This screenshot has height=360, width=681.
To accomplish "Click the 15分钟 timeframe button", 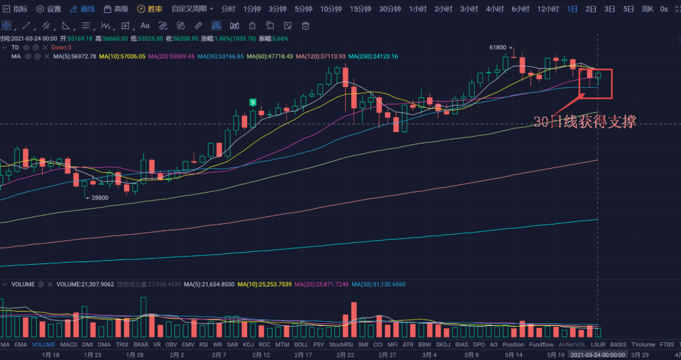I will pyautogui.click(x=360, y=9).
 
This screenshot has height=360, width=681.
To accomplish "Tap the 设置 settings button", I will pyautogui.click(x=49, y=9).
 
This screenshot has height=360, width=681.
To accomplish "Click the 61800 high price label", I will pyautogui.click(x=498, y=48).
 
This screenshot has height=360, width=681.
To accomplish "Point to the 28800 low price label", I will pyautogui.click(x=99, y=197).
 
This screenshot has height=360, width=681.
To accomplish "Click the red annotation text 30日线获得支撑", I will pyautogui.click(x=584, y=122).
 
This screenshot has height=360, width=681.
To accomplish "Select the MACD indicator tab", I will pyautogui.click(x=69, y=345).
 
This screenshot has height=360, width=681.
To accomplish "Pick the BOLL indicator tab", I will pyautogui.click(x=301, y=345).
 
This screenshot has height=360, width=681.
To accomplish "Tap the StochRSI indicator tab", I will pyautogui.click(x=340, y=345).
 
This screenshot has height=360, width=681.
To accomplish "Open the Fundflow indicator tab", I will pyautogui.click(x=541, y=345).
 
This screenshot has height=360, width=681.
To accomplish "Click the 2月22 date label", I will pyautogui.click(x=346, y=355).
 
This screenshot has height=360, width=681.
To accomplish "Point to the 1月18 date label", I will pyautogui.click(x=51, y=355).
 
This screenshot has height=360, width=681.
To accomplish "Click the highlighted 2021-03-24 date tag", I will pyautogui.click(x=597, y=355).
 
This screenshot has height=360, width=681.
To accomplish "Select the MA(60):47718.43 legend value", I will pyautogui.click(x=270, y=56).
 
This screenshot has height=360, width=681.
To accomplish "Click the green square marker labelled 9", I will pyautogui.click(x=253, y=102).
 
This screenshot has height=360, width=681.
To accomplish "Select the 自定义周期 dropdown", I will pyautogui.click(x=192, y=9).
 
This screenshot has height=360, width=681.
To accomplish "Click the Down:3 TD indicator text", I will pyautogui.click(x=61, y=48).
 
